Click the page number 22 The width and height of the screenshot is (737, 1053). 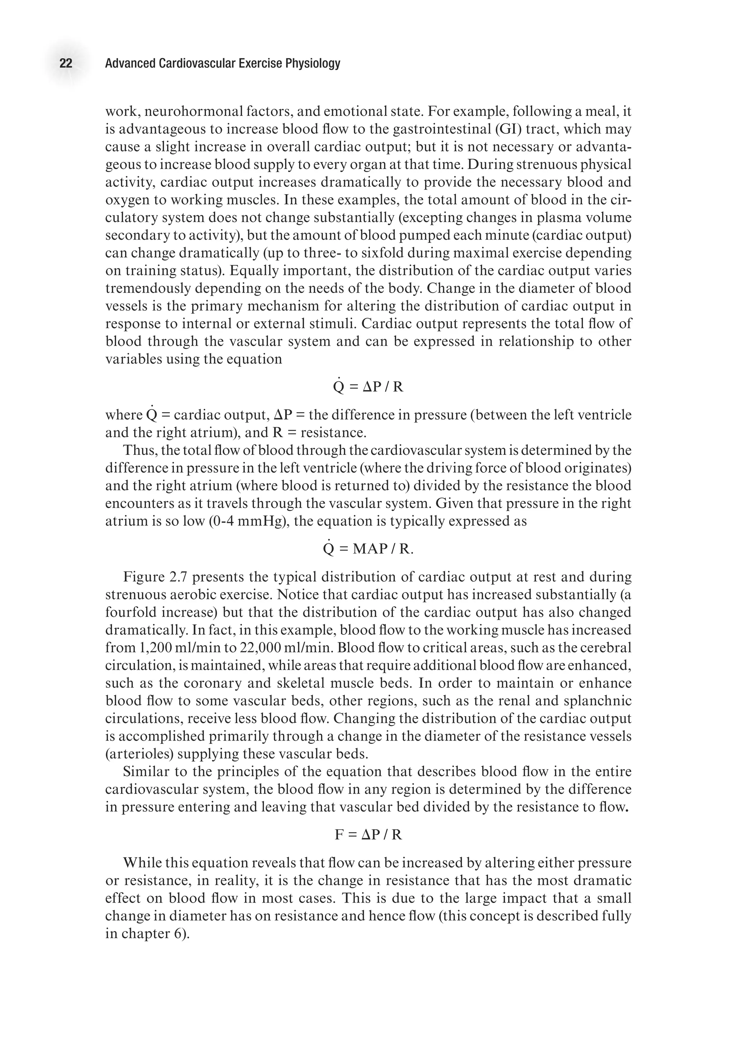[x=66, y=63]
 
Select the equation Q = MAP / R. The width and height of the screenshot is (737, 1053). [x=368, y=549]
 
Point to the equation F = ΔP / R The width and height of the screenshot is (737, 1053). [x=368, y=835]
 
